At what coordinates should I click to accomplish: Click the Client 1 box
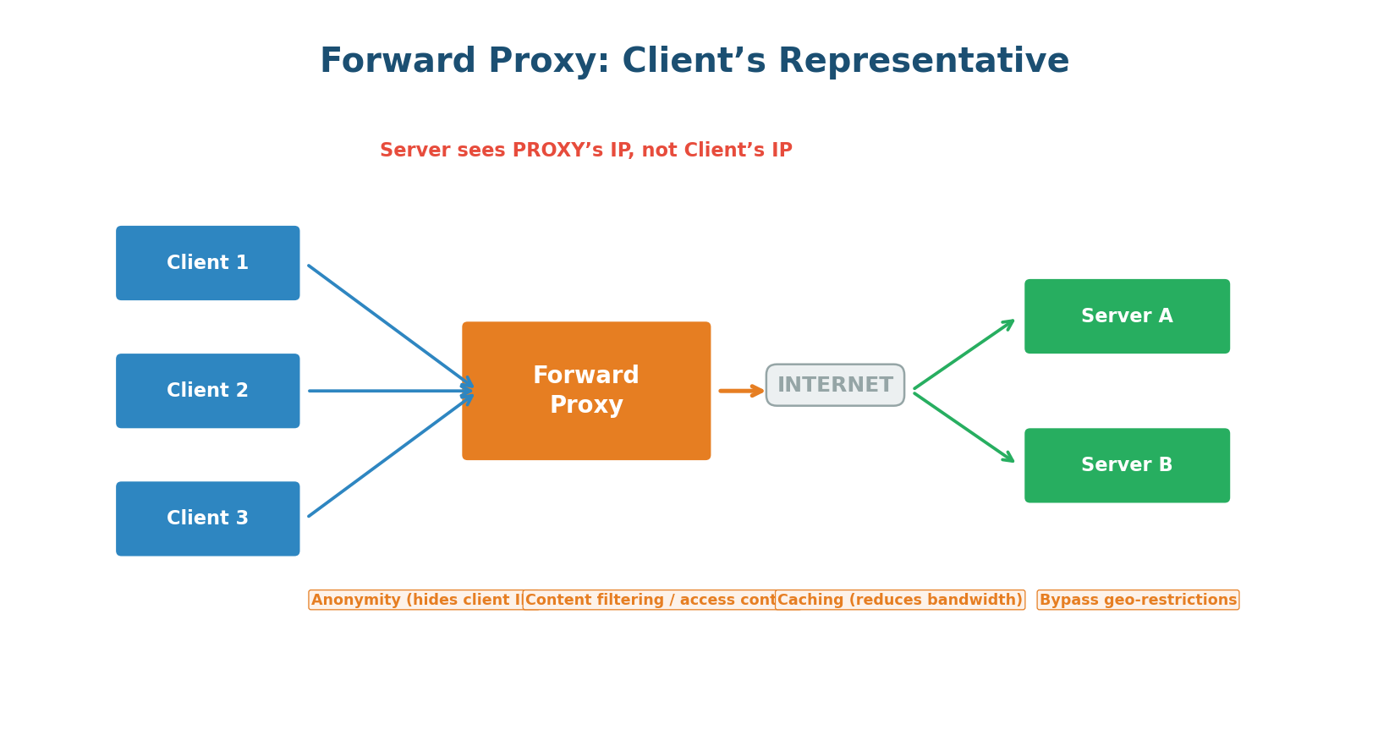(207, 263)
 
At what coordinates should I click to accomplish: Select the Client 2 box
(207, 391)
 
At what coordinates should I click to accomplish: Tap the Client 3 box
(207, 518)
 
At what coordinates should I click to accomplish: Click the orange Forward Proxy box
(586, 391)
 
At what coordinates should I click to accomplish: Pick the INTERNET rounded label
(835, 386)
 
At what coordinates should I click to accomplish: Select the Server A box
(1127, 316)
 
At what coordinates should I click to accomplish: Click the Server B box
(1127, 465)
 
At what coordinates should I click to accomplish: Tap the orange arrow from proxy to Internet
(741, 391)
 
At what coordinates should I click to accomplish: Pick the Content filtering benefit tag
(649, 601)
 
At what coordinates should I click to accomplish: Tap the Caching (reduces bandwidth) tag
(899, 601)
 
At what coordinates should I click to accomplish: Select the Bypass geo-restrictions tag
(1138, 601)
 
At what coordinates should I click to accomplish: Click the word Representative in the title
(923, 62)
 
